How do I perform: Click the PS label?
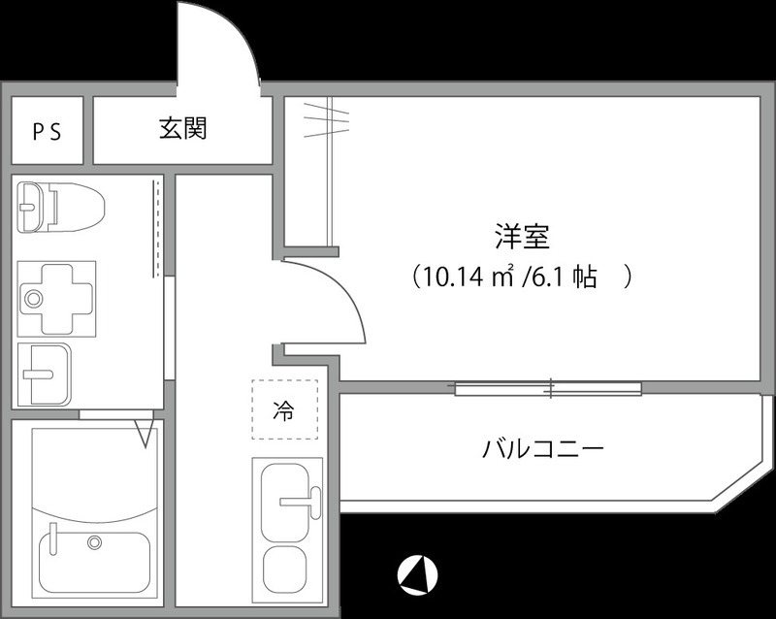(x=47, y=132)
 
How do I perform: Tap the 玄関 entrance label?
(x=183, y=128)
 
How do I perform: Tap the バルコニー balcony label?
(x=543, y=449)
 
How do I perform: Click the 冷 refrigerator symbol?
(x=283, y=410)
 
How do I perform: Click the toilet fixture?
(x=60, y=206)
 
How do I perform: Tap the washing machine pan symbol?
(x=57, y=296)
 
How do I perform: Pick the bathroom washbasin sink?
(x=45, y=372)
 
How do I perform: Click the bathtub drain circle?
(x=94, y=540)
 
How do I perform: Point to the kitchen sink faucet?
(x=300, y=501)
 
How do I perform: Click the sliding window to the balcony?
(x=548, y=389)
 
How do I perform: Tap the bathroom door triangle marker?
(x=146, y=431)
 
